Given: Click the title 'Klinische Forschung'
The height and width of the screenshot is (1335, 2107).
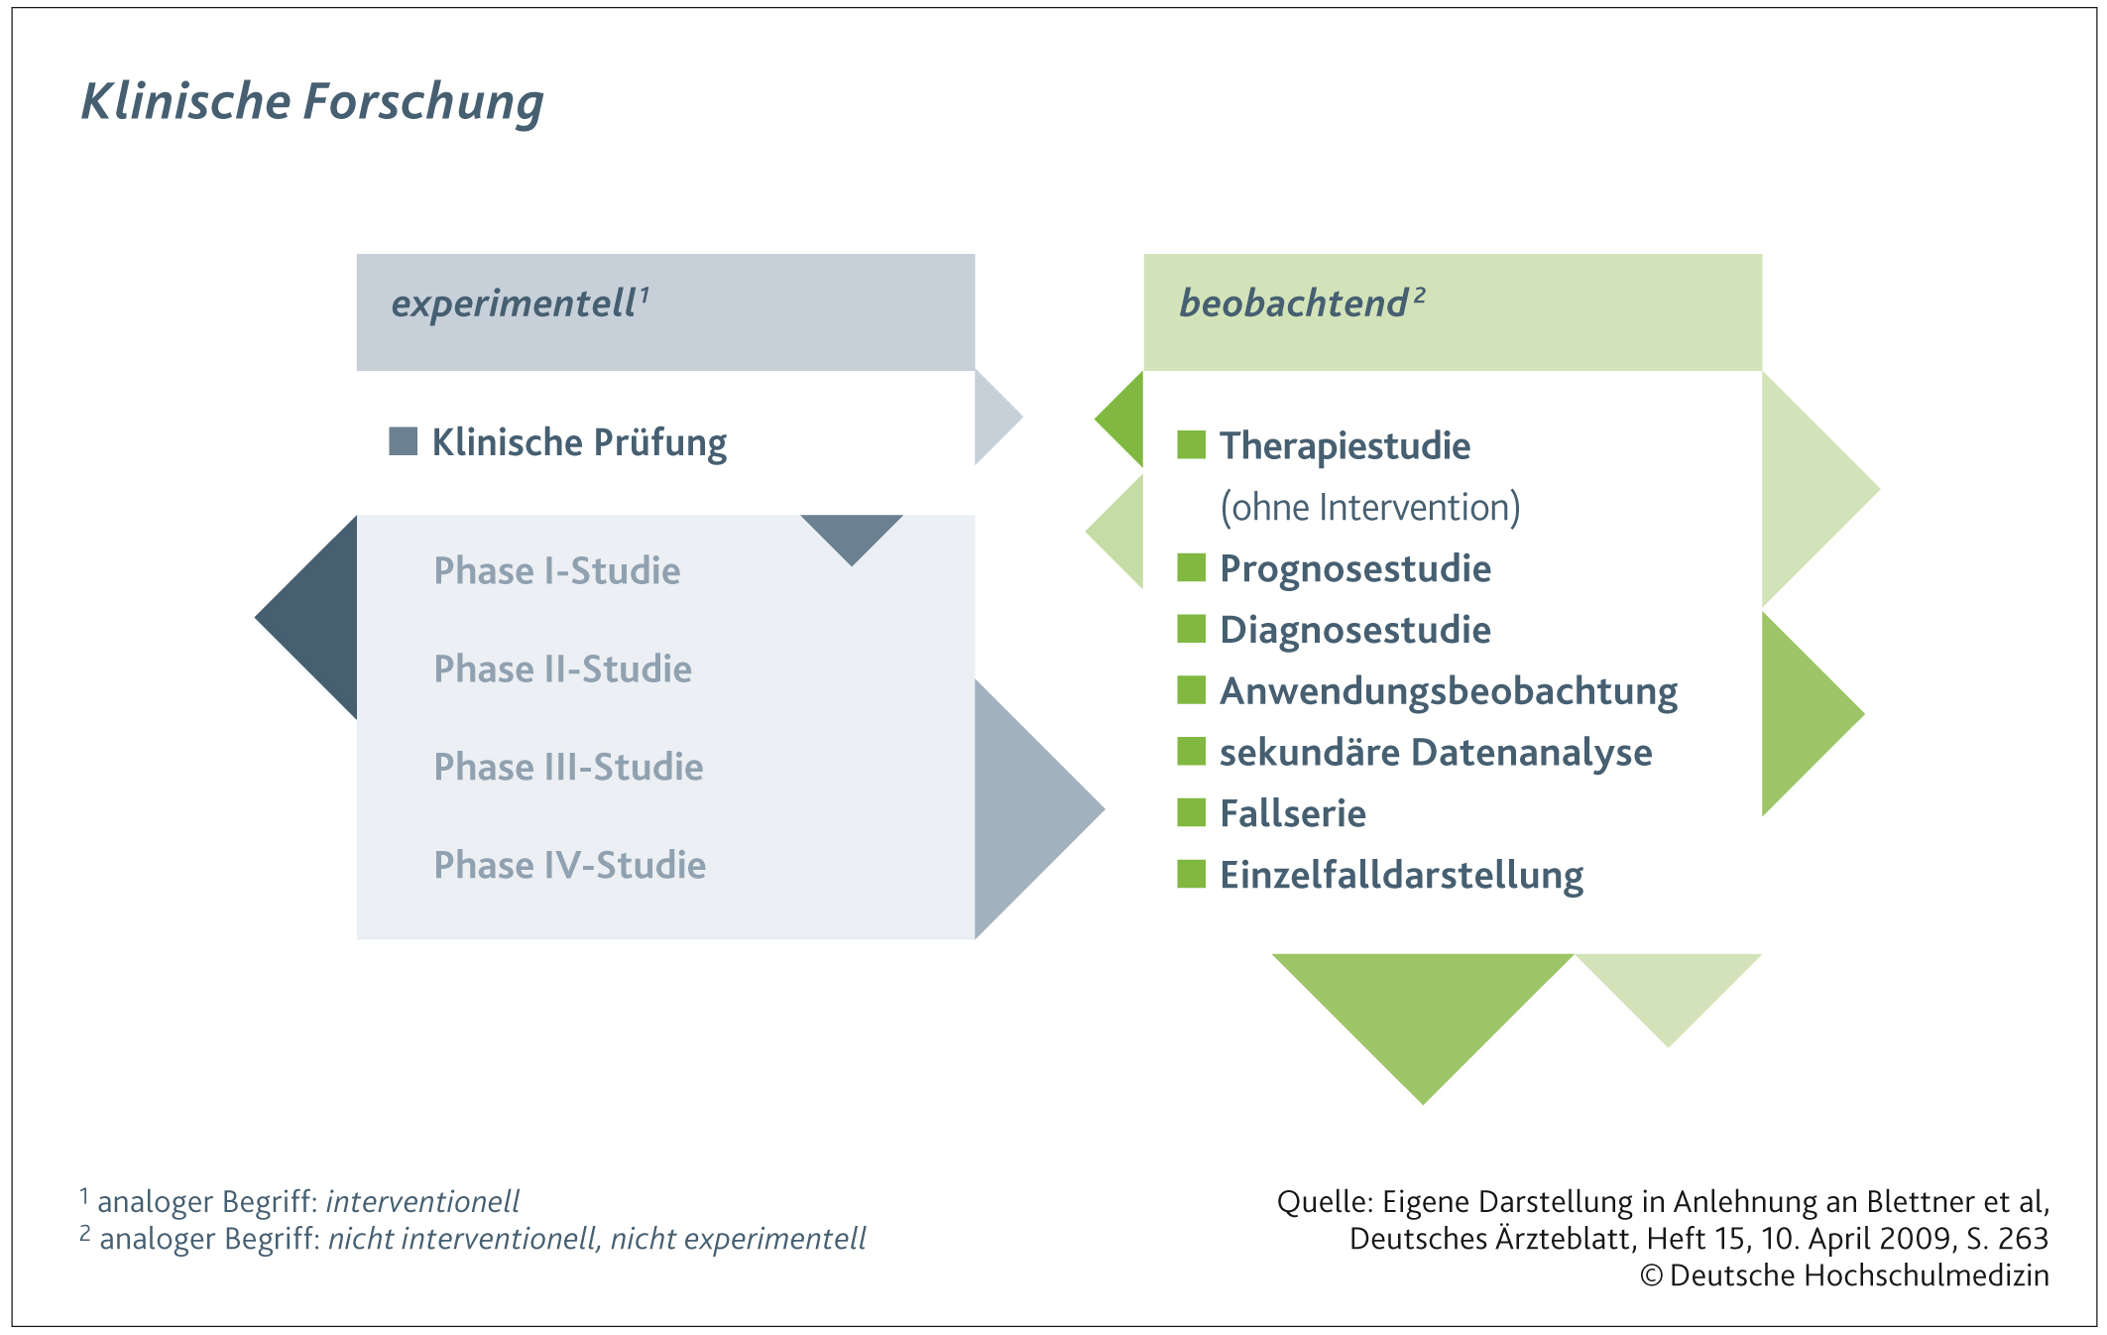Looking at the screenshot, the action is point(312,102).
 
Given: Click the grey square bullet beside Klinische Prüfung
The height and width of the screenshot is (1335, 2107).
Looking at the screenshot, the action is point(403,441).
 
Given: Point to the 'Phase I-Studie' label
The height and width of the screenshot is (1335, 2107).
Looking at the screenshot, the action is point(557,570).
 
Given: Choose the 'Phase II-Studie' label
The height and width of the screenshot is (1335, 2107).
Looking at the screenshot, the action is point(563,668).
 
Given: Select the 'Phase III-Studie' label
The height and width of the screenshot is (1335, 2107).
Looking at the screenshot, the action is point(569,767).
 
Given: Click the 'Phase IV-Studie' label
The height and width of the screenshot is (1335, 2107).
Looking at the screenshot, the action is point(570,865).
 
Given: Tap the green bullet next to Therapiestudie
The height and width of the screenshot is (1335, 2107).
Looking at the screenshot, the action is point(1191,445).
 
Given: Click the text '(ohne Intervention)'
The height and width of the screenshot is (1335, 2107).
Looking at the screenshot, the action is point(1370,507).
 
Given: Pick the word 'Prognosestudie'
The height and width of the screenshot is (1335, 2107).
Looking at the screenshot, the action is point(1355,569).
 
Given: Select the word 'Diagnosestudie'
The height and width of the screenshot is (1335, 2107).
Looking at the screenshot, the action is point(1355,631).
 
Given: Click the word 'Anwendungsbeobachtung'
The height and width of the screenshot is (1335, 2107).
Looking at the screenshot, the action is point(1449,692).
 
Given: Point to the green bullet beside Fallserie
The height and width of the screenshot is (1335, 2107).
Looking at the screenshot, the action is point(1191,812).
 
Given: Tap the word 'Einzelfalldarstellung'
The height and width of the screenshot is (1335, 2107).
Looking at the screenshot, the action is point(1402,876).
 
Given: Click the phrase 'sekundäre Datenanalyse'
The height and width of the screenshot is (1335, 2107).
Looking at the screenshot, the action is point(1436,753).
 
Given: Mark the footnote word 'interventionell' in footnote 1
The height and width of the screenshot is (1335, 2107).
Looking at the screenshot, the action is point(422,1202).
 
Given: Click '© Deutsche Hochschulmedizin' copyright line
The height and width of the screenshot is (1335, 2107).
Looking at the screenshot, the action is point(1844,1275).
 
